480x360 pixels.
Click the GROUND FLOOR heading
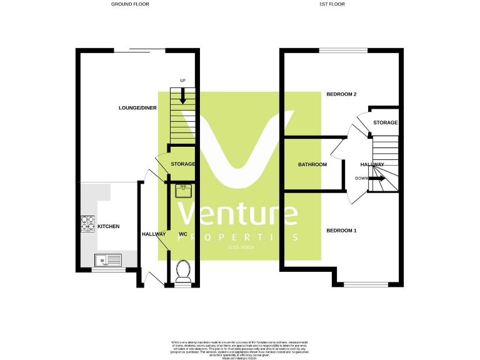coord(130,4)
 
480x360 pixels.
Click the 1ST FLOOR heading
coord(332,4)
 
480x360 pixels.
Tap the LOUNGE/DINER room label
coord(137,108)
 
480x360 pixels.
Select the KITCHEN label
coord(108,226)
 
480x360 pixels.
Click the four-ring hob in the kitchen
coord(87,224)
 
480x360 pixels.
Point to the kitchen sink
coord(108,259)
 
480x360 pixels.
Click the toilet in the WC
coord(183,271)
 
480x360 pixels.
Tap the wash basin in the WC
coord(183,191)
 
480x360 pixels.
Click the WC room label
coord(183,234)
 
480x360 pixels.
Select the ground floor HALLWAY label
coord(153,234)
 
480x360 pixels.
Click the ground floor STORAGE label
coord(183,164)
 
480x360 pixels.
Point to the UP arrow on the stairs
coord(183,96)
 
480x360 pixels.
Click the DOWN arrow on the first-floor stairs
coord(377,179)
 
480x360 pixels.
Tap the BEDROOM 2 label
coord(341,94)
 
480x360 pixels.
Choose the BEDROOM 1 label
coord(341,231)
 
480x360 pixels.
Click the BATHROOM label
coord(312,165)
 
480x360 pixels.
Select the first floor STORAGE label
coord(385,123)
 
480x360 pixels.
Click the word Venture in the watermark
coord(238,214)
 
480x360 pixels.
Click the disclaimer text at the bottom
coord(239,348)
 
